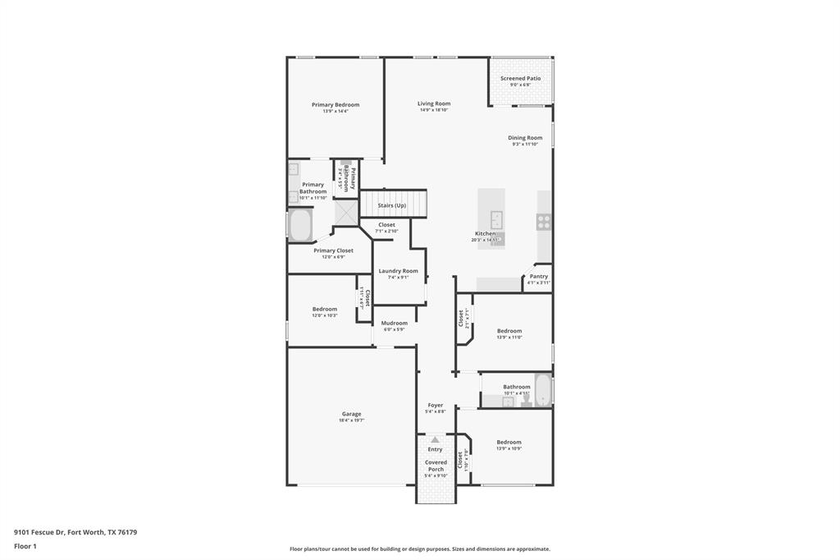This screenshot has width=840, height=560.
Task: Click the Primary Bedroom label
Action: click(335, 105)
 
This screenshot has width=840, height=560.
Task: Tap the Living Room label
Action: click(434, 103)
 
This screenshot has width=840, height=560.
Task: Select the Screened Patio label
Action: click(520, 79)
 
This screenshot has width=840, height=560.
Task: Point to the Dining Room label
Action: click(525, 138)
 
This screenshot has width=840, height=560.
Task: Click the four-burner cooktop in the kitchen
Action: click(544, 221)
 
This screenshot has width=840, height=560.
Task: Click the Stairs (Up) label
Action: click(391, 205)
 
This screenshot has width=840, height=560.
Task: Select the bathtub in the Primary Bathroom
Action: click(300, 224)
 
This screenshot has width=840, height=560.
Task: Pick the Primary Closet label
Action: click(333, 250)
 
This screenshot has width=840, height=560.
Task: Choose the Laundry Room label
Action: click(398, 271)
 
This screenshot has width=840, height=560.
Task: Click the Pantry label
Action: click(538, 277)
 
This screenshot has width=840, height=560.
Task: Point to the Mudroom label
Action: click(394, 324)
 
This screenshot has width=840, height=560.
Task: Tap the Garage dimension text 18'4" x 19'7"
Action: click(351, 420)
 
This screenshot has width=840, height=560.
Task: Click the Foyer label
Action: click(435, 405)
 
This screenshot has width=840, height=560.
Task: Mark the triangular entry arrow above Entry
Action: click(435, 440)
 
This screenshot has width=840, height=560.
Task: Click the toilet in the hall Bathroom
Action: click(526, 400)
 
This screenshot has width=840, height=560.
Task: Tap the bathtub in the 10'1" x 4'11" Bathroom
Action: click(542, 390)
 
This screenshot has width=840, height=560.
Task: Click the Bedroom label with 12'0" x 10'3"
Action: click(324, 310)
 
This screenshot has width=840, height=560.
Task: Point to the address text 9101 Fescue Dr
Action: click(41, 532)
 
